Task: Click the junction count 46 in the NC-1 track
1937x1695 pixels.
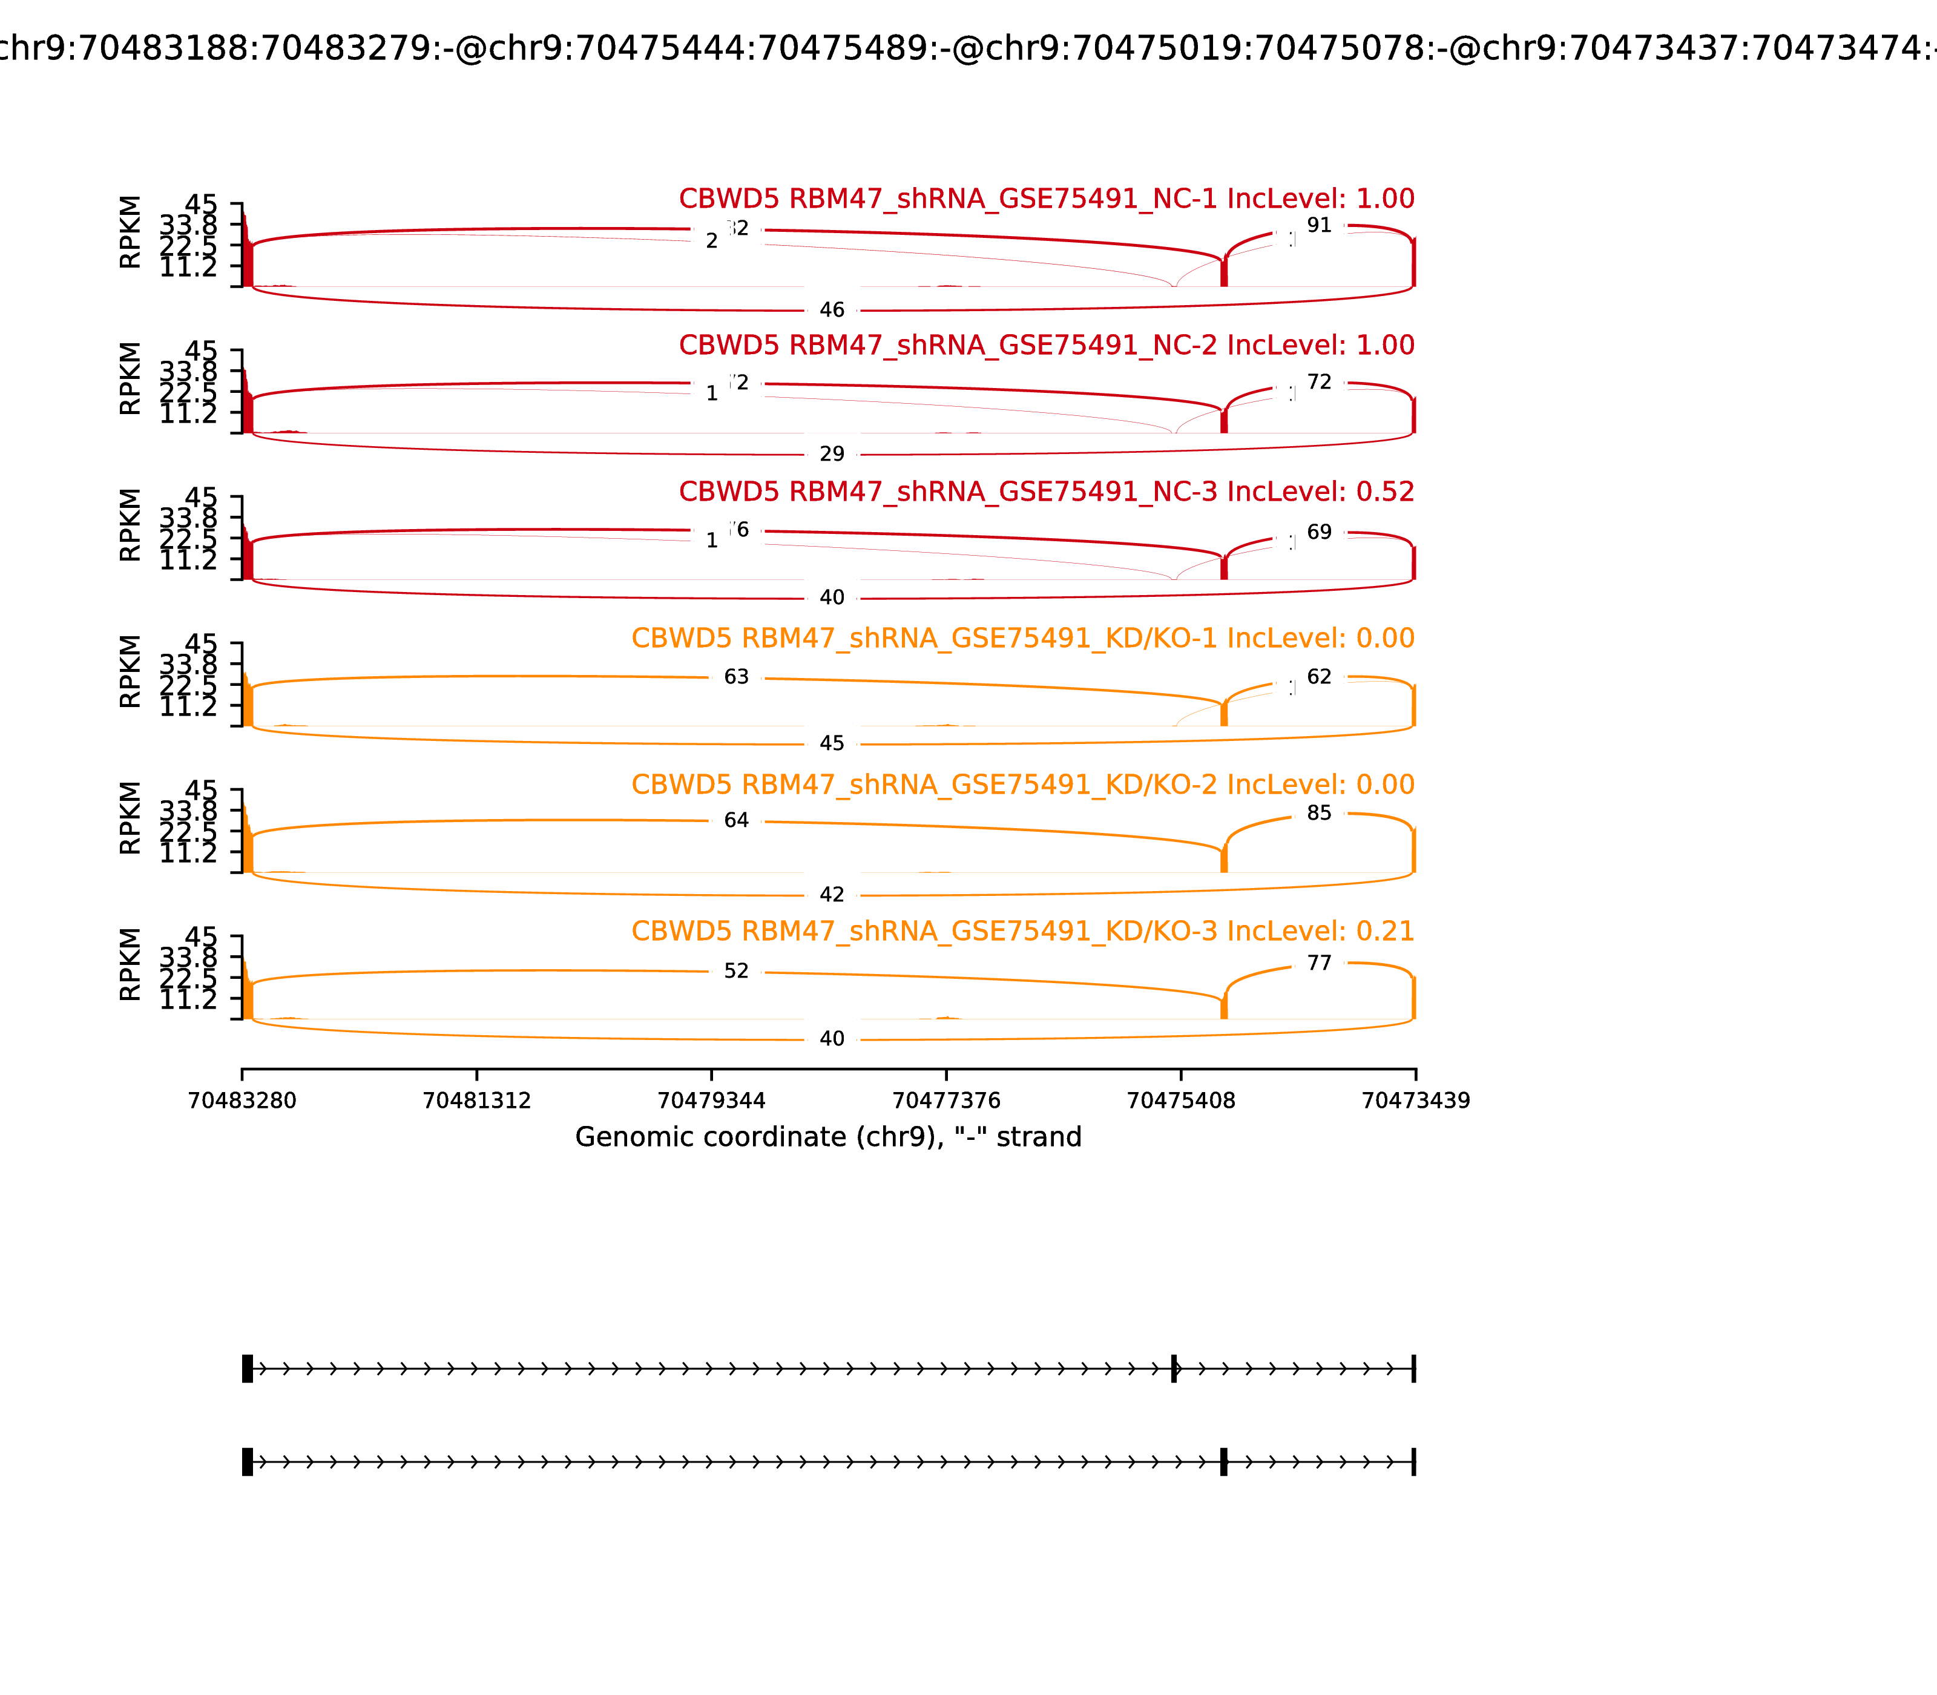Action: coord(831,310)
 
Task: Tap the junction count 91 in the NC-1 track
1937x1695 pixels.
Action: coord(1318,225)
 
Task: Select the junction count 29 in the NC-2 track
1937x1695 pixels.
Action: coord(831,454)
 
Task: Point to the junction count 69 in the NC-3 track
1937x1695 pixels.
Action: coord(1318,533)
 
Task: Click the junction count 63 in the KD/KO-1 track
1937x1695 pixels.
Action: coord(736,677)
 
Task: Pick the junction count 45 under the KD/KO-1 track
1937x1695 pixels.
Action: coord(831,743)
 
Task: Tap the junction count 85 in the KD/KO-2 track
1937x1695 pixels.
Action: coord(1318,814)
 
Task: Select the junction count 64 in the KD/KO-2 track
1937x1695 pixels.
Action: coord(736,821)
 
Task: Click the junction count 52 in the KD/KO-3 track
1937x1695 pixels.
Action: coord(736,972)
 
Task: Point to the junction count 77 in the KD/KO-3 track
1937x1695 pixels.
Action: coord(1318,964)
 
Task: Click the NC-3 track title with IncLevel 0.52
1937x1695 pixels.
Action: coord(1046,492)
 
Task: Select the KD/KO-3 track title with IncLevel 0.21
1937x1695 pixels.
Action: coord(1022,932)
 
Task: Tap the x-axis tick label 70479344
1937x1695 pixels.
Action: coord(711,1101)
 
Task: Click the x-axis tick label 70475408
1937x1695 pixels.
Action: coord(1180,1101)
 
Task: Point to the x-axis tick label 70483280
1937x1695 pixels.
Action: coord(242,1101)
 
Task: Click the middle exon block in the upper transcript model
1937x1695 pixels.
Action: coord(1174,1369)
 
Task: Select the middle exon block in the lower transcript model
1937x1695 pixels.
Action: coord(1223,1463)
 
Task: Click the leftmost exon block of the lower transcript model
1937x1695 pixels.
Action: coord(247,1463)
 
